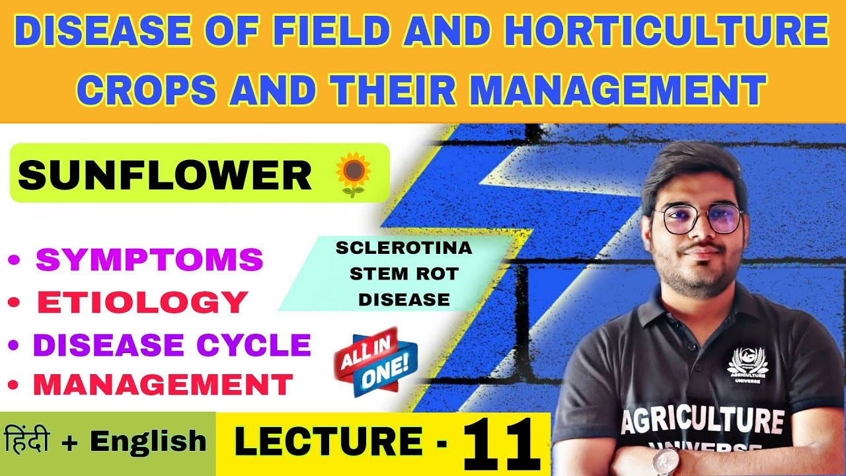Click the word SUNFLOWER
click(165, 176)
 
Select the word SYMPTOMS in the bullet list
click(149, 260)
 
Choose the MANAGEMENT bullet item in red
click(163, 384)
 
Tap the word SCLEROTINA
click(404, 249)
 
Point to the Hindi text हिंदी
click(40, 440)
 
